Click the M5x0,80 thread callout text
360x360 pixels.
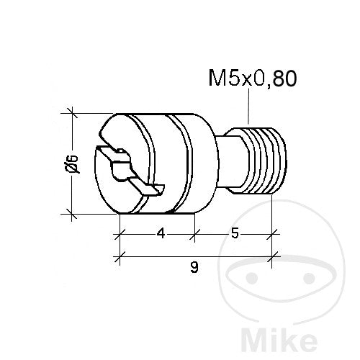coord(253,78)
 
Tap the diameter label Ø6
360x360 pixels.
coord(72,163)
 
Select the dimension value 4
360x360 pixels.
coord(161,233)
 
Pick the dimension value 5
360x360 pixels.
coord(235,233)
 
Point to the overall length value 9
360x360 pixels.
coord(194,267)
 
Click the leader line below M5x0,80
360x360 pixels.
coord(248,106)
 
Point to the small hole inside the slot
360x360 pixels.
coord(121,151)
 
